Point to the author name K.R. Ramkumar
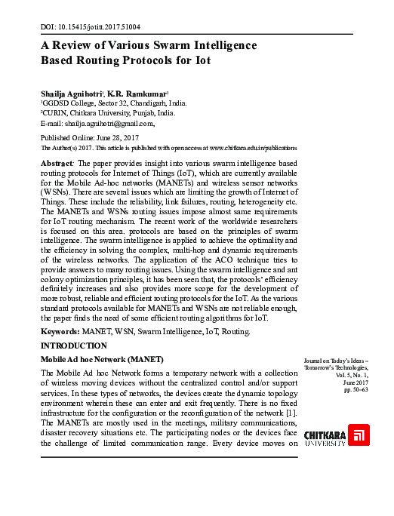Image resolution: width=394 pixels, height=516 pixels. tap(136, 91)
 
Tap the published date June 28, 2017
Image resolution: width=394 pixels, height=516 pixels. tap(116, 138)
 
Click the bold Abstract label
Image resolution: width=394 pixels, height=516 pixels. tap(56, 163)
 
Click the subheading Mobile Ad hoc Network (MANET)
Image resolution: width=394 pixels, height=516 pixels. tap(101, 359)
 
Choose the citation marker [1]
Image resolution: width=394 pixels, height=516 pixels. tap(291, 414)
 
